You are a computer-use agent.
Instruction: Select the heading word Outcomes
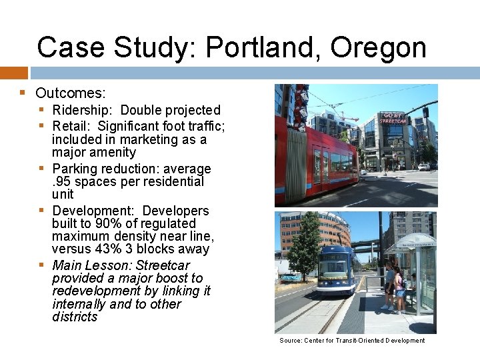(71, 93)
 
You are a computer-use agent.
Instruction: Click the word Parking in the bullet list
(75, 169)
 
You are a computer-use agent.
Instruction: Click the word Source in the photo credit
(291, 341)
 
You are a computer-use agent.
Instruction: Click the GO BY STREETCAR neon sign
(393, 118)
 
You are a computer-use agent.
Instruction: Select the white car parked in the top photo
(423, 167)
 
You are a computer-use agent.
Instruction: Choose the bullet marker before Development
(41, 211)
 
